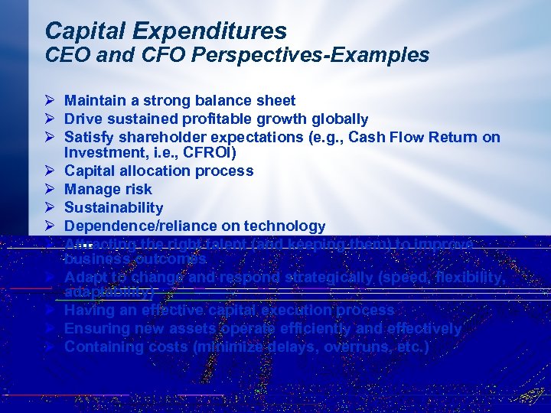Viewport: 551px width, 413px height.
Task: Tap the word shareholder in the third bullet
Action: [158, 138]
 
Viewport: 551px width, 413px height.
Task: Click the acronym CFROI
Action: [206, 153]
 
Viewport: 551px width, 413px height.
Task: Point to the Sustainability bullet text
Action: [113, 207]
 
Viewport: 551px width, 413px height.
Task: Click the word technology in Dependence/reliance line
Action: [285, 226]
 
